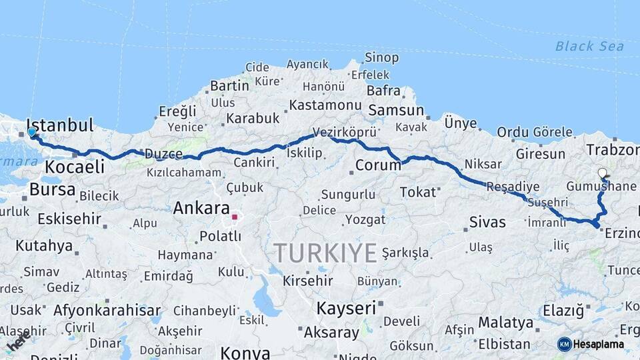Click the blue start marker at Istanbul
pos(31,132)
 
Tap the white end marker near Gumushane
pos(603,173)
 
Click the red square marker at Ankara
pos(234,217)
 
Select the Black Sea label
pos(589,46)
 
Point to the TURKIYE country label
pos(325,253)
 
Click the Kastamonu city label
pos(325,105)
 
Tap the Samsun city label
pos(396,110)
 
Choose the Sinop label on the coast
pos(383,58)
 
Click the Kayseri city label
pos(346,308)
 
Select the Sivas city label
pos(487,222)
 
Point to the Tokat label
pos(417,192)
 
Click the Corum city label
pos(377,165)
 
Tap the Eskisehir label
pos(69,219)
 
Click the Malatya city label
pos(505,323)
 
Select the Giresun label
pos(540,154)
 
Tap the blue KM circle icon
pos(565,344)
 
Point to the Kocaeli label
pos(75,167)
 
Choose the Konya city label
pos(245,352)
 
